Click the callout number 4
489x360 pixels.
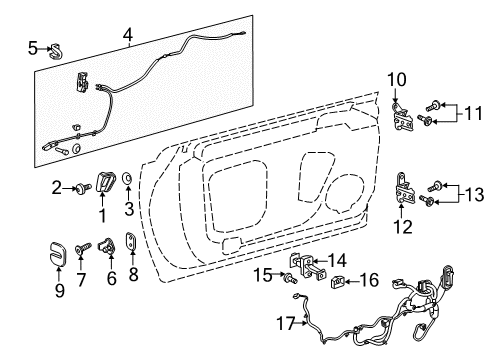[x=128, y=39]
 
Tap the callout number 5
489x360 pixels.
[x=32, y=46]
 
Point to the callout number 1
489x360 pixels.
[x=101, y=214]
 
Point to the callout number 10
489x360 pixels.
[x=396, y=78]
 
